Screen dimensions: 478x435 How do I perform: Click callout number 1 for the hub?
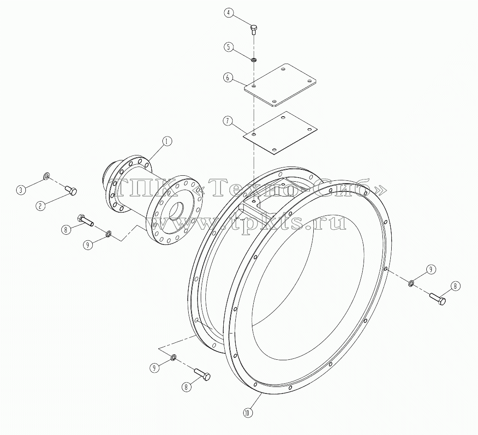167,141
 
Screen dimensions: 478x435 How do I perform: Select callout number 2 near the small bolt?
40,206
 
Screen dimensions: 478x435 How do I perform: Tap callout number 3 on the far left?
21,190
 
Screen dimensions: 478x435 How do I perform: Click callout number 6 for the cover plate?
227,77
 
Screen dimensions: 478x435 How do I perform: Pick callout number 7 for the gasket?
227,121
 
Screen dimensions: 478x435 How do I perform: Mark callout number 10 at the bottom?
247,413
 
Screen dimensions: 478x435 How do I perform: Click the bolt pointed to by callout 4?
253,30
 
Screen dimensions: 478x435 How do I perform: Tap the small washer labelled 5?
253,59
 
